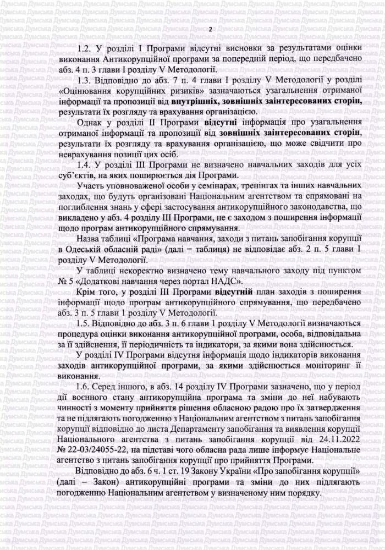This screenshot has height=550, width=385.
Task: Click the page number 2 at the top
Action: [210, 29]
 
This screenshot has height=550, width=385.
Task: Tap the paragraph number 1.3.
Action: [86, 79]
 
